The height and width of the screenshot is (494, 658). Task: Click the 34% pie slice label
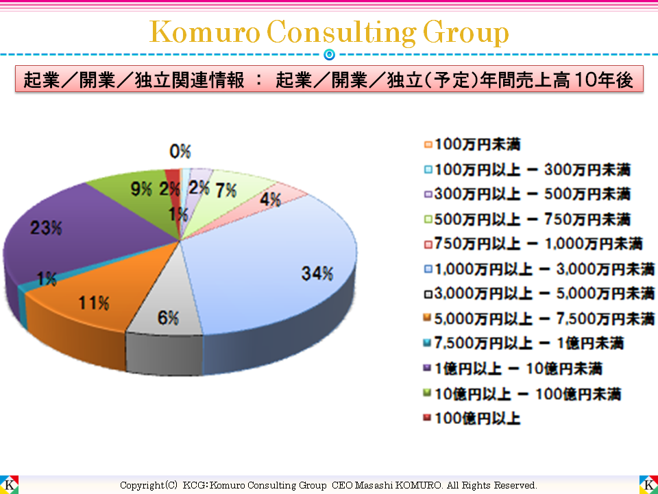click(x=317, y=273)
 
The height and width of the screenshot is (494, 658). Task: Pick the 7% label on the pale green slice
click(x=226, y=191)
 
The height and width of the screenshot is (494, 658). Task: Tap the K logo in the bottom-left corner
click(x=9, y=484)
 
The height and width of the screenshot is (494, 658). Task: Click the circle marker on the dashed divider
click(x=329, y=54)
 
